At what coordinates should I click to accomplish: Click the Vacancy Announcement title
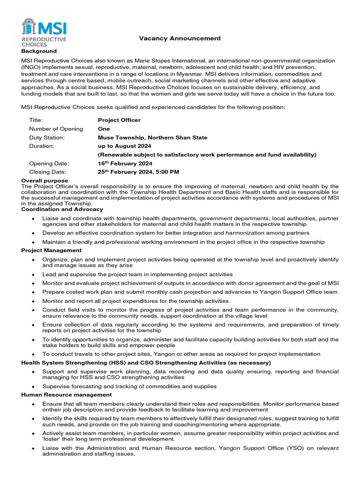tap(173, 38)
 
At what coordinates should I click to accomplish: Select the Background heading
tap(39, 51)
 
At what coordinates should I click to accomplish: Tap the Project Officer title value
tap(119, 120)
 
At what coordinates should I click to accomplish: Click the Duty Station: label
tap(47, 137)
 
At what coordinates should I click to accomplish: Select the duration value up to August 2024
tap(124, 146)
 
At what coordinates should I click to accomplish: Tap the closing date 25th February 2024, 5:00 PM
tap(138, 172)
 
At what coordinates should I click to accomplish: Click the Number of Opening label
tap(56, 128)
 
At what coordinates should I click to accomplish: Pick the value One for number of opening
tap(104, 128)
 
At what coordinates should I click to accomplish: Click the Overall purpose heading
tap(45, 180)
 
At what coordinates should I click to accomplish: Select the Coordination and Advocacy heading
tap(62, 209)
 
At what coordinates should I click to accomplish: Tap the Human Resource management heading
tap(67, 395)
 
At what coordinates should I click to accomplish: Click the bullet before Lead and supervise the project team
tap(33, 275)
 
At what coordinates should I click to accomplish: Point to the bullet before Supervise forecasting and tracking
tap(33, 387)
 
